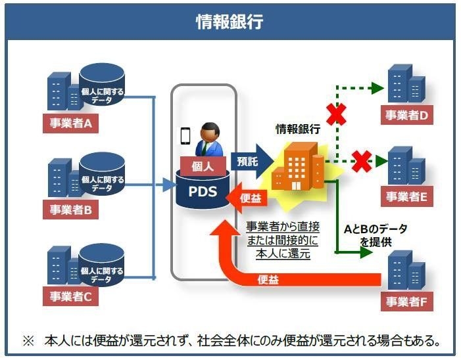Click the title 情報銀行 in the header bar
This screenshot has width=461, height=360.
click(230, 22)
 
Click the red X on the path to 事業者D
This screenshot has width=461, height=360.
click(337, 114)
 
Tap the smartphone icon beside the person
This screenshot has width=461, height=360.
click(185, 135)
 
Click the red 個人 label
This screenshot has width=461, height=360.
click(203, 167)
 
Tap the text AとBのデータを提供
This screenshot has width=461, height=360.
click(376, 235)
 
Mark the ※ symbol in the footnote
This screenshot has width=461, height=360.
click(28, 342)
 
